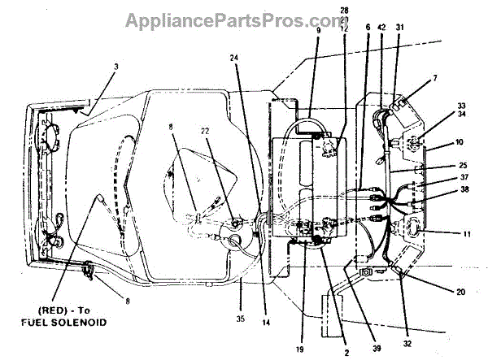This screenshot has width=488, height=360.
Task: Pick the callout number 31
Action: point(399,28)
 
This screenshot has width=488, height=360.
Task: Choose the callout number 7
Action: point(436,78)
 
